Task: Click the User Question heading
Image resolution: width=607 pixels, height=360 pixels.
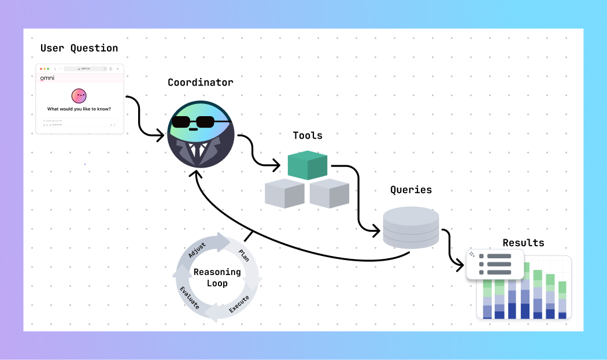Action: pos(79,48)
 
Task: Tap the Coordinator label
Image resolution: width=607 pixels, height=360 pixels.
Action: pos(201,82)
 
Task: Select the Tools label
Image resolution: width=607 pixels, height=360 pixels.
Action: pos(308,135)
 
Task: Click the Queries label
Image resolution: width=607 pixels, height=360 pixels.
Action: pos(411,190)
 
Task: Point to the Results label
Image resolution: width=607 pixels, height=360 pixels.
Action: pos(523,243)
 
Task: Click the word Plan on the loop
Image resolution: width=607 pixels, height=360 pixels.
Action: pos(244,255)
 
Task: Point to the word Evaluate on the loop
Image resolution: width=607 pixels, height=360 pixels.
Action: pos(189,298)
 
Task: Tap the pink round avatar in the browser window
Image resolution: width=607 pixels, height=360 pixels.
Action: pos(79,96)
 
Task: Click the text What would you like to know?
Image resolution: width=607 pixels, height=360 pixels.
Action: pos(79,109)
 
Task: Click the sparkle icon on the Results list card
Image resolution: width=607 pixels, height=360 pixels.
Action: pos(472,254)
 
